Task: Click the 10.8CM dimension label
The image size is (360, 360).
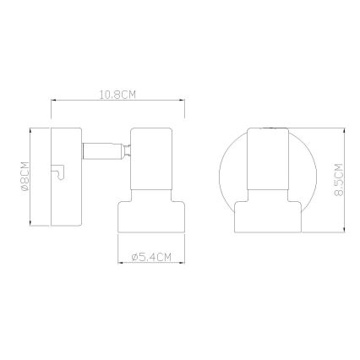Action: point(117,95)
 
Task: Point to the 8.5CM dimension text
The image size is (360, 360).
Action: point(339,178)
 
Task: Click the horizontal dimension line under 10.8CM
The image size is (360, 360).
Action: point(117,102)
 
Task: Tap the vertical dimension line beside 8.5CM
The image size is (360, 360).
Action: point(348,178)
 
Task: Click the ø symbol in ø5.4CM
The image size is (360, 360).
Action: point(135,257)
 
